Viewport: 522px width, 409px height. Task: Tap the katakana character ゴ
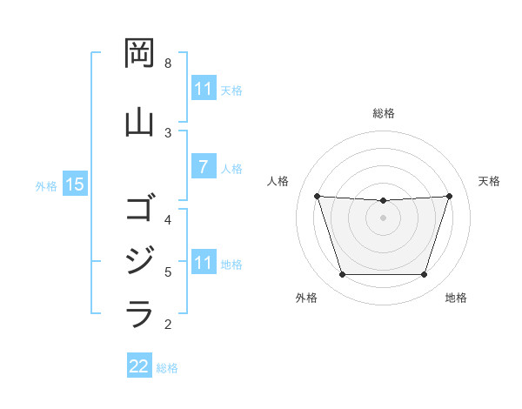[x=140, y=209]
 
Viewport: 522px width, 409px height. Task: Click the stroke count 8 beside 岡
[x=168, y=64]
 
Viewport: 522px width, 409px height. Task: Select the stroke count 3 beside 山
[x=168, y=132]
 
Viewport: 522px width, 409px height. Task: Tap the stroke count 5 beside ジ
[x=168, y=272]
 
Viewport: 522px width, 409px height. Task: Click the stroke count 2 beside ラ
[x=168, y=325]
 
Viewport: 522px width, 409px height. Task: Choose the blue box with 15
[x=74, y=184]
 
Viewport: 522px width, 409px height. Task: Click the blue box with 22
[x=139, y=366]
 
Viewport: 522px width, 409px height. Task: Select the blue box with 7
[x=203, y=167]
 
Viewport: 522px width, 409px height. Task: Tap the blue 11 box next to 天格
[x=203, y=89]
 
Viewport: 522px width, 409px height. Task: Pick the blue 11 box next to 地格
[x=203, y=263]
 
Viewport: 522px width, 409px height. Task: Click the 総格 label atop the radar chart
[x=384, y=113]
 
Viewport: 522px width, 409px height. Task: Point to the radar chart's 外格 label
[x=306, y=298]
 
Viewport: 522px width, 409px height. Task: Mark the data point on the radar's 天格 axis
[x=449, y=196]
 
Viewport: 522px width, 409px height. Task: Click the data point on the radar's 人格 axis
[x=317, y=196]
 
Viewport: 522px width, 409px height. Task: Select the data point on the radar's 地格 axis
[x=424, y=275]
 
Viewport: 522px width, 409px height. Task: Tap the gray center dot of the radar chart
[x=383, y=218]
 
